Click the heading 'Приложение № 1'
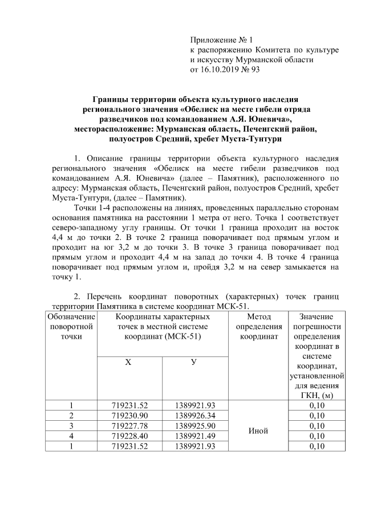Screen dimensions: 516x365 [220, 40]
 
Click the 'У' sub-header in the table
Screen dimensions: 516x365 [194, 363]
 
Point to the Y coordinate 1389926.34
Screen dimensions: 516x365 [194, 415]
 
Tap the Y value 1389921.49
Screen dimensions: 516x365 [194, 436]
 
